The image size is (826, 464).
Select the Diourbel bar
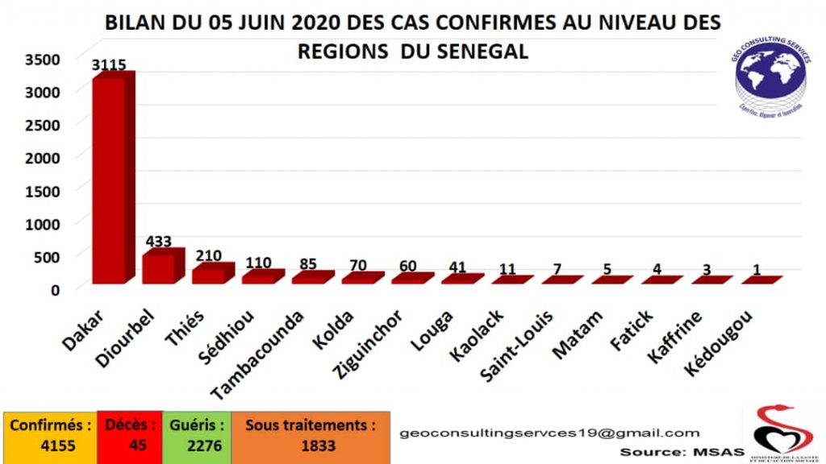[x=159, y=267]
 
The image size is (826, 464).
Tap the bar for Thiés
[x=208, y=275]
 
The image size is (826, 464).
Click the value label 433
[x=159, y=241]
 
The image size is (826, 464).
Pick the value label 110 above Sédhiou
[x=258, y=263]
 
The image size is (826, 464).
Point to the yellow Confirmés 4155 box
[x=51, y=436]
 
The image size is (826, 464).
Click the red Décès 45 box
[x=127, y=436]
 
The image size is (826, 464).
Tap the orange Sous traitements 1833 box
[x=310, y=436]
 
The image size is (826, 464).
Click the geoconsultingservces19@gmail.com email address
[x=549, y=433]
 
